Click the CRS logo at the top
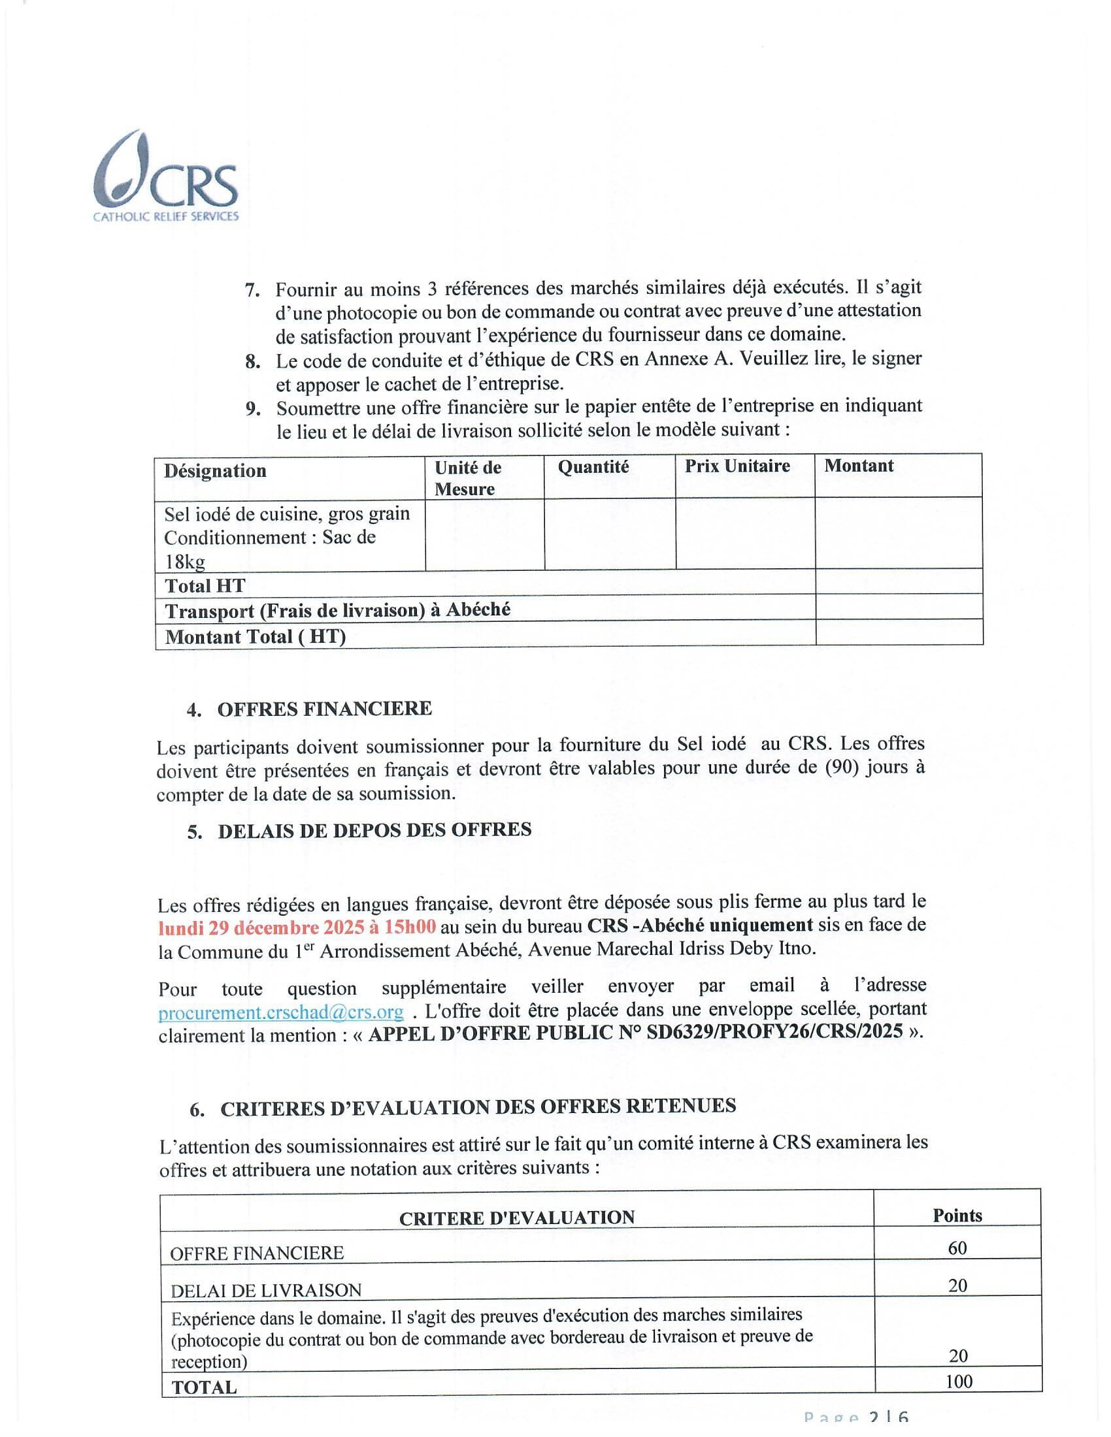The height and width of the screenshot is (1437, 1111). pos(166,176)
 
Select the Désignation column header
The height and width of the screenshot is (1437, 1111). pos(215,471)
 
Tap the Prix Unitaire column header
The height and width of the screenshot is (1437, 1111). pos(737,466)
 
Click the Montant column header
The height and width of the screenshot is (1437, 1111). pos(859,466)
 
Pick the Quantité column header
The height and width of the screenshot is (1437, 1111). pos(593,467)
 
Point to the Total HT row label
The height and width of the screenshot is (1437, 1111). pos(205,586)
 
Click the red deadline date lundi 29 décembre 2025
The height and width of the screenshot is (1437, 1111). pos(297,927)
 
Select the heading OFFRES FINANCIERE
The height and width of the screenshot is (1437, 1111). pos(325,709)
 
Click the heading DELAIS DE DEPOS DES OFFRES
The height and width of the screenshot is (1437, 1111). pos(374,830)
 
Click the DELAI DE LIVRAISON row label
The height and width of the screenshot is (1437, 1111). pos(266,1290)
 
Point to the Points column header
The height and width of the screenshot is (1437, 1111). pos(957,1216)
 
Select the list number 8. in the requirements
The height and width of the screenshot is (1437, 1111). pos(253,361)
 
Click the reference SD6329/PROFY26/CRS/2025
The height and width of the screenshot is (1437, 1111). pos(774,1031)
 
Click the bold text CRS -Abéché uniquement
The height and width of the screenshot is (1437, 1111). pos(701,925)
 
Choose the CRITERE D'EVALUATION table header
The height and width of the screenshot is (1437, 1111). pos(517,1218)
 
